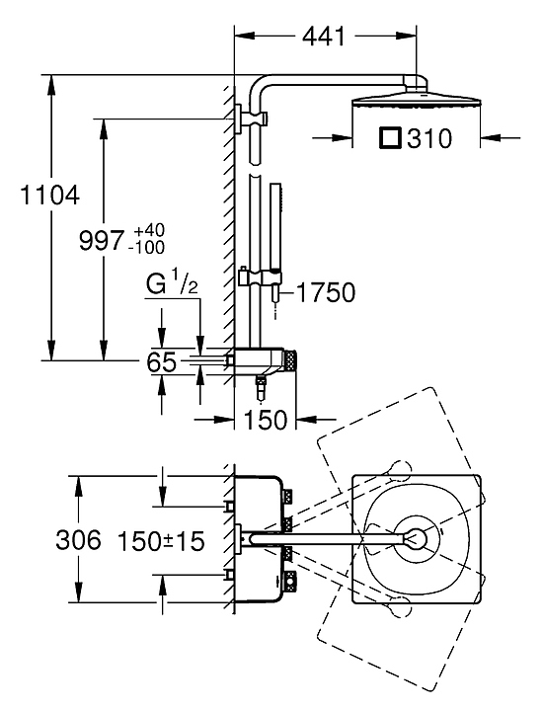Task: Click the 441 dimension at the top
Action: click(x=324, y=36)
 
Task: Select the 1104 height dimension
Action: click(x=50, y=195)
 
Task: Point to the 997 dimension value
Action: click(x=102, y=240)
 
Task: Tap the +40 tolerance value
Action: click(x=150, y=230)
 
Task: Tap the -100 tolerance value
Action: click(x=146, y=248)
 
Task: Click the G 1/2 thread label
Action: click(x=172, y=284)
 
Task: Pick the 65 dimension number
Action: click(x=161, y=362)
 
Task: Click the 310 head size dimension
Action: click(x=429, y=138)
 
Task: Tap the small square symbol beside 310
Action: click(x=390, y=138)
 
